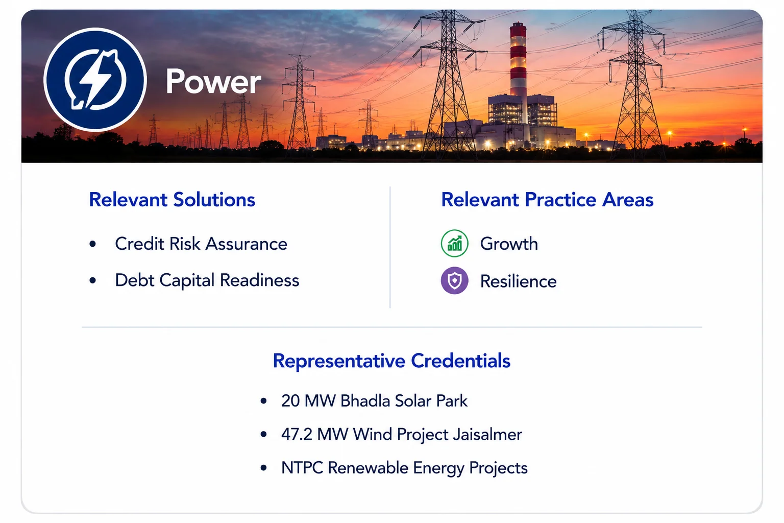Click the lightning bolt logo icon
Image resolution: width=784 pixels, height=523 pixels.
click(x=95, y=80)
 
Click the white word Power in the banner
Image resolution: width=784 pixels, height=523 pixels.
click(x=213, y=82)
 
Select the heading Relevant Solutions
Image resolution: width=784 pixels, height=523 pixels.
click(x=172, y=200)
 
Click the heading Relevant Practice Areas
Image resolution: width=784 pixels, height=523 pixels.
click(x=547, y=200)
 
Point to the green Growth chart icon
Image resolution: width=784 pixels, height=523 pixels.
click(x=455, y=244)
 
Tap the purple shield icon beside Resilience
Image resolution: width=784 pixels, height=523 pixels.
click(x=455, y=280)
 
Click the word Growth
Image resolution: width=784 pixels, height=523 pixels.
click(x=509, y=244)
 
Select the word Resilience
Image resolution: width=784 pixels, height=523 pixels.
click(x=519, y=281)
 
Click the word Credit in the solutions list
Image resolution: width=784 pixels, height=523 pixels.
click(x=140, y=244)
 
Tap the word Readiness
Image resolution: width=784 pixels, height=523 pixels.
click(x=260, y=280)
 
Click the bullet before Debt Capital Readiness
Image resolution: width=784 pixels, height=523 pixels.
click(x=93, y=280)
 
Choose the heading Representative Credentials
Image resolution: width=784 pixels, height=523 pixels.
click(x=391, y=361)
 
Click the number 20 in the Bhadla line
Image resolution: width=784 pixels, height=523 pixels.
click(x=290, y=401)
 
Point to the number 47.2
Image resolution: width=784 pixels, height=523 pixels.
click(x=297, y=434)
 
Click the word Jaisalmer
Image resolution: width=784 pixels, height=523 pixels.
click(x=487, y=434)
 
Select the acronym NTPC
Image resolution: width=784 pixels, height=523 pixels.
click(x=302, y=468)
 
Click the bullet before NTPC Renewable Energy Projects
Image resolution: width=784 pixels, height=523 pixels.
click(x=264, y=468)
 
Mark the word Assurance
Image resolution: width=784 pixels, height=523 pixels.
click(x=247, y=244)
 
